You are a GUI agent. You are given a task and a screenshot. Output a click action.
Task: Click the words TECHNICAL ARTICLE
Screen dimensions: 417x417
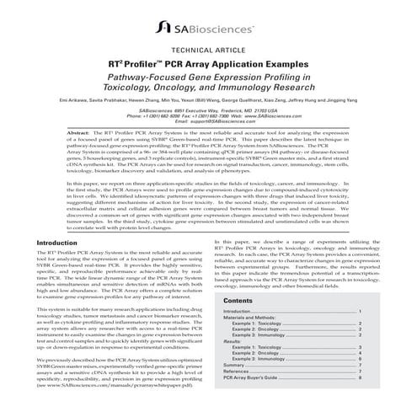(209, 73)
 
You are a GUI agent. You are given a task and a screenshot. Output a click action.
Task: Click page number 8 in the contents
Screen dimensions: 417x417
(359, 378)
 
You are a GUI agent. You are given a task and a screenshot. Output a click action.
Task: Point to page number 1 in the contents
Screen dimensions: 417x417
(359, 311)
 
